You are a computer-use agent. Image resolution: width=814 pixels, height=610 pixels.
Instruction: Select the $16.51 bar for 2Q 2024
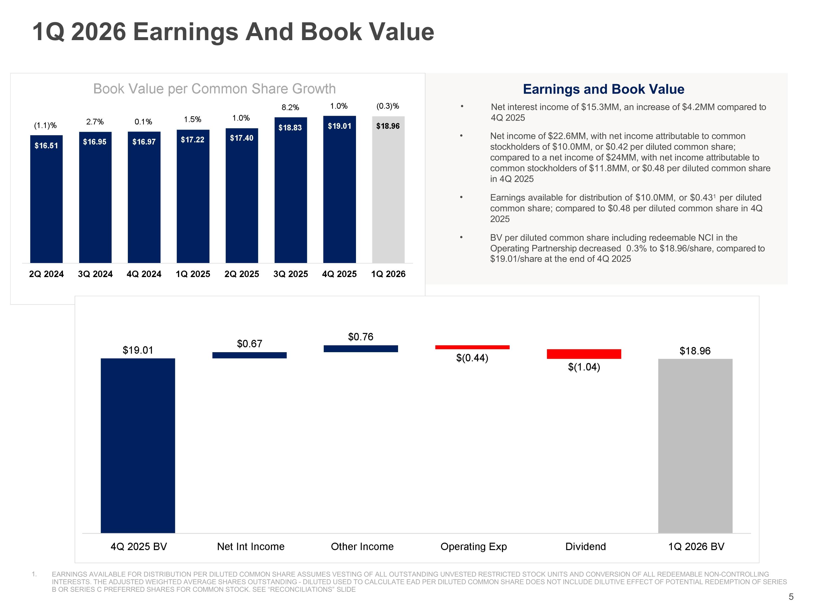tap(46, 199)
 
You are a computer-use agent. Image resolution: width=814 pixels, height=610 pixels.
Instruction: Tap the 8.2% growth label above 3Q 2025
tap(290, 107)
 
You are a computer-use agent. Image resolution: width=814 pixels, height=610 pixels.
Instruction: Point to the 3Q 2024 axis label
tap(95, 274)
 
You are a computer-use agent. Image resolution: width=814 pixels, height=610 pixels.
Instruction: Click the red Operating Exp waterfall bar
tap(472, 347)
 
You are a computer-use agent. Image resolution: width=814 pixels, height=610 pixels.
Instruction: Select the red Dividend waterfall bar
tap(584, 354)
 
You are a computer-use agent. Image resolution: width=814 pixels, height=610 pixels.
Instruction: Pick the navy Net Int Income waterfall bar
tap(250, 355)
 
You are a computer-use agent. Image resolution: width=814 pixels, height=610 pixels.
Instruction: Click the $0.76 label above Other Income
tap(361, 337)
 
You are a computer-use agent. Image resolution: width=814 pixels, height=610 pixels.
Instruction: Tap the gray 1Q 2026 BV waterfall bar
tap(695, 446)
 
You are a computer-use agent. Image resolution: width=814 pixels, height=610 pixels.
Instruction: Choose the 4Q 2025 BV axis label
tap(139, 546)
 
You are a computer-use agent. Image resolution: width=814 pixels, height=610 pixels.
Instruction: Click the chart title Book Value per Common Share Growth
tap(215, 89)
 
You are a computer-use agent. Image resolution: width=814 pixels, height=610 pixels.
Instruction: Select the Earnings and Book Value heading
tap(603, 89)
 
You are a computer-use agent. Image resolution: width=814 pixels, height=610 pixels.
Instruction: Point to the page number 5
tap(791, 597)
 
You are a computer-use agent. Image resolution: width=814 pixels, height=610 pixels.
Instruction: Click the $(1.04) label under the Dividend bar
tap(584, 367)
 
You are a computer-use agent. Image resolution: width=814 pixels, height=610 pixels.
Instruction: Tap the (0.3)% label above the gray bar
tap(388, 106)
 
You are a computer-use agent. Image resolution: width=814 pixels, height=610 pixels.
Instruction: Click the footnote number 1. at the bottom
tap(34, 574)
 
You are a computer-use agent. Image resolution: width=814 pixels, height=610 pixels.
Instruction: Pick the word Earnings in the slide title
tap(185, 32)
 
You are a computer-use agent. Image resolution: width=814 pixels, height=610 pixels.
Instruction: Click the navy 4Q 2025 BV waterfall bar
tap(138, 446)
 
